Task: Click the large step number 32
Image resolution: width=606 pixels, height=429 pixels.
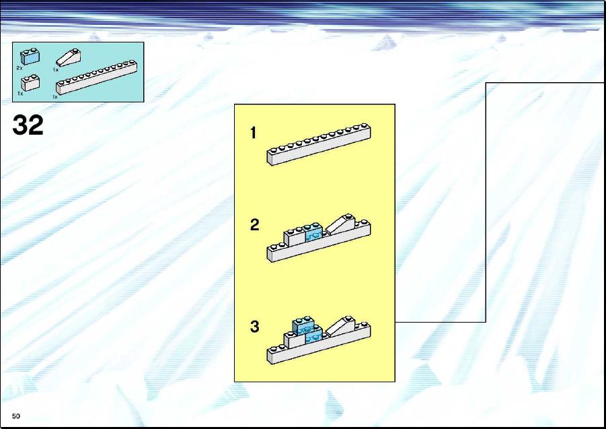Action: pyautogui.click(x=28, y=125)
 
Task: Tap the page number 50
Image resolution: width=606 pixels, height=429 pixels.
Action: pyautogui.click(x=16, y=416)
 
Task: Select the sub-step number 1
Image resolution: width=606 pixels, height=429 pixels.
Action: pyautogui.click(x=253, y=133)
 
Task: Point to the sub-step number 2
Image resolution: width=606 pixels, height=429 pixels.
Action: pyautogui.click(x=254, y=225)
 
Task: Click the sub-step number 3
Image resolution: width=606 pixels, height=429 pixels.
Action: pyautogui.click(x=254, y=326)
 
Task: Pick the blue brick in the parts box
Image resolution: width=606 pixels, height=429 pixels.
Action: pyautogui.click(x=30, y=57)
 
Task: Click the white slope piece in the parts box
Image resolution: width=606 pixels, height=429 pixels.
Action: pyautogui.click(x=68, y=58)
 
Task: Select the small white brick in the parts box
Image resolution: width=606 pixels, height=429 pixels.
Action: pyautogui.click(x=30, y=82)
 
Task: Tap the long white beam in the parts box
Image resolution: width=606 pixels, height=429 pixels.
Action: pyautogui.click(x=96, y=77)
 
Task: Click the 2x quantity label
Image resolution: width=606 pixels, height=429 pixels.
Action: pyautogui.click(x=20, y=68)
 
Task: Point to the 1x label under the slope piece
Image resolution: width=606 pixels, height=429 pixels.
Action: pyautogui.click(x=56, y=69)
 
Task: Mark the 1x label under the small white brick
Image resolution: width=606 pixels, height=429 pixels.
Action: pyautogui.click(x=20, y=93)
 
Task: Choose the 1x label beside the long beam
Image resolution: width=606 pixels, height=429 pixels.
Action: pyautogui.click(x=55, y=97)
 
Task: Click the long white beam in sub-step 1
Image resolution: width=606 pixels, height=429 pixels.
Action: pyautogui.click(x=319, y=145)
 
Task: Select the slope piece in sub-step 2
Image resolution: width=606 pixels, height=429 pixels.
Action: pyautogui.click(x=340, y=224)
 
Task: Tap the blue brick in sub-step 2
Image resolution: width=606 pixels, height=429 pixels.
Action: pyautogui.click(x=314, y=232)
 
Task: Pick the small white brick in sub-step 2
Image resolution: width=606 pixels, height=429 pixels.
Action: pyautogui.click(x=295, y=237)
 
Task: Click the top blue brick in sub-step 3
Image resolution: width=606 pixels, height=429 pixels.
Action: pyautogui.click(x=303, y=325)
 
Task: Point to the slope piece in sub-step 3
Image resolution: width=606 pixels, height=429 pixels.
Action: pyautogui.click(x=340, y=326)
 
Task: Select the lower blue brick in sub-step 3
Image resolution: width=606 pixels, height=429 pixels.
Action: pyautogui.click(x=314, y=336)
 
